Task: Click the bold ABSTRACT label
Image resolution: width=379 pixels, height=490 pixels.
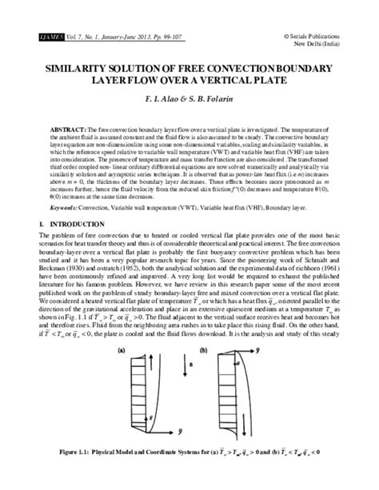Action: [69, 128]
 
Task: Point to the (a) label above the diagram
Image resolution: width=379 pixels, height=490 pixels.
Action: [121, 349]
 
